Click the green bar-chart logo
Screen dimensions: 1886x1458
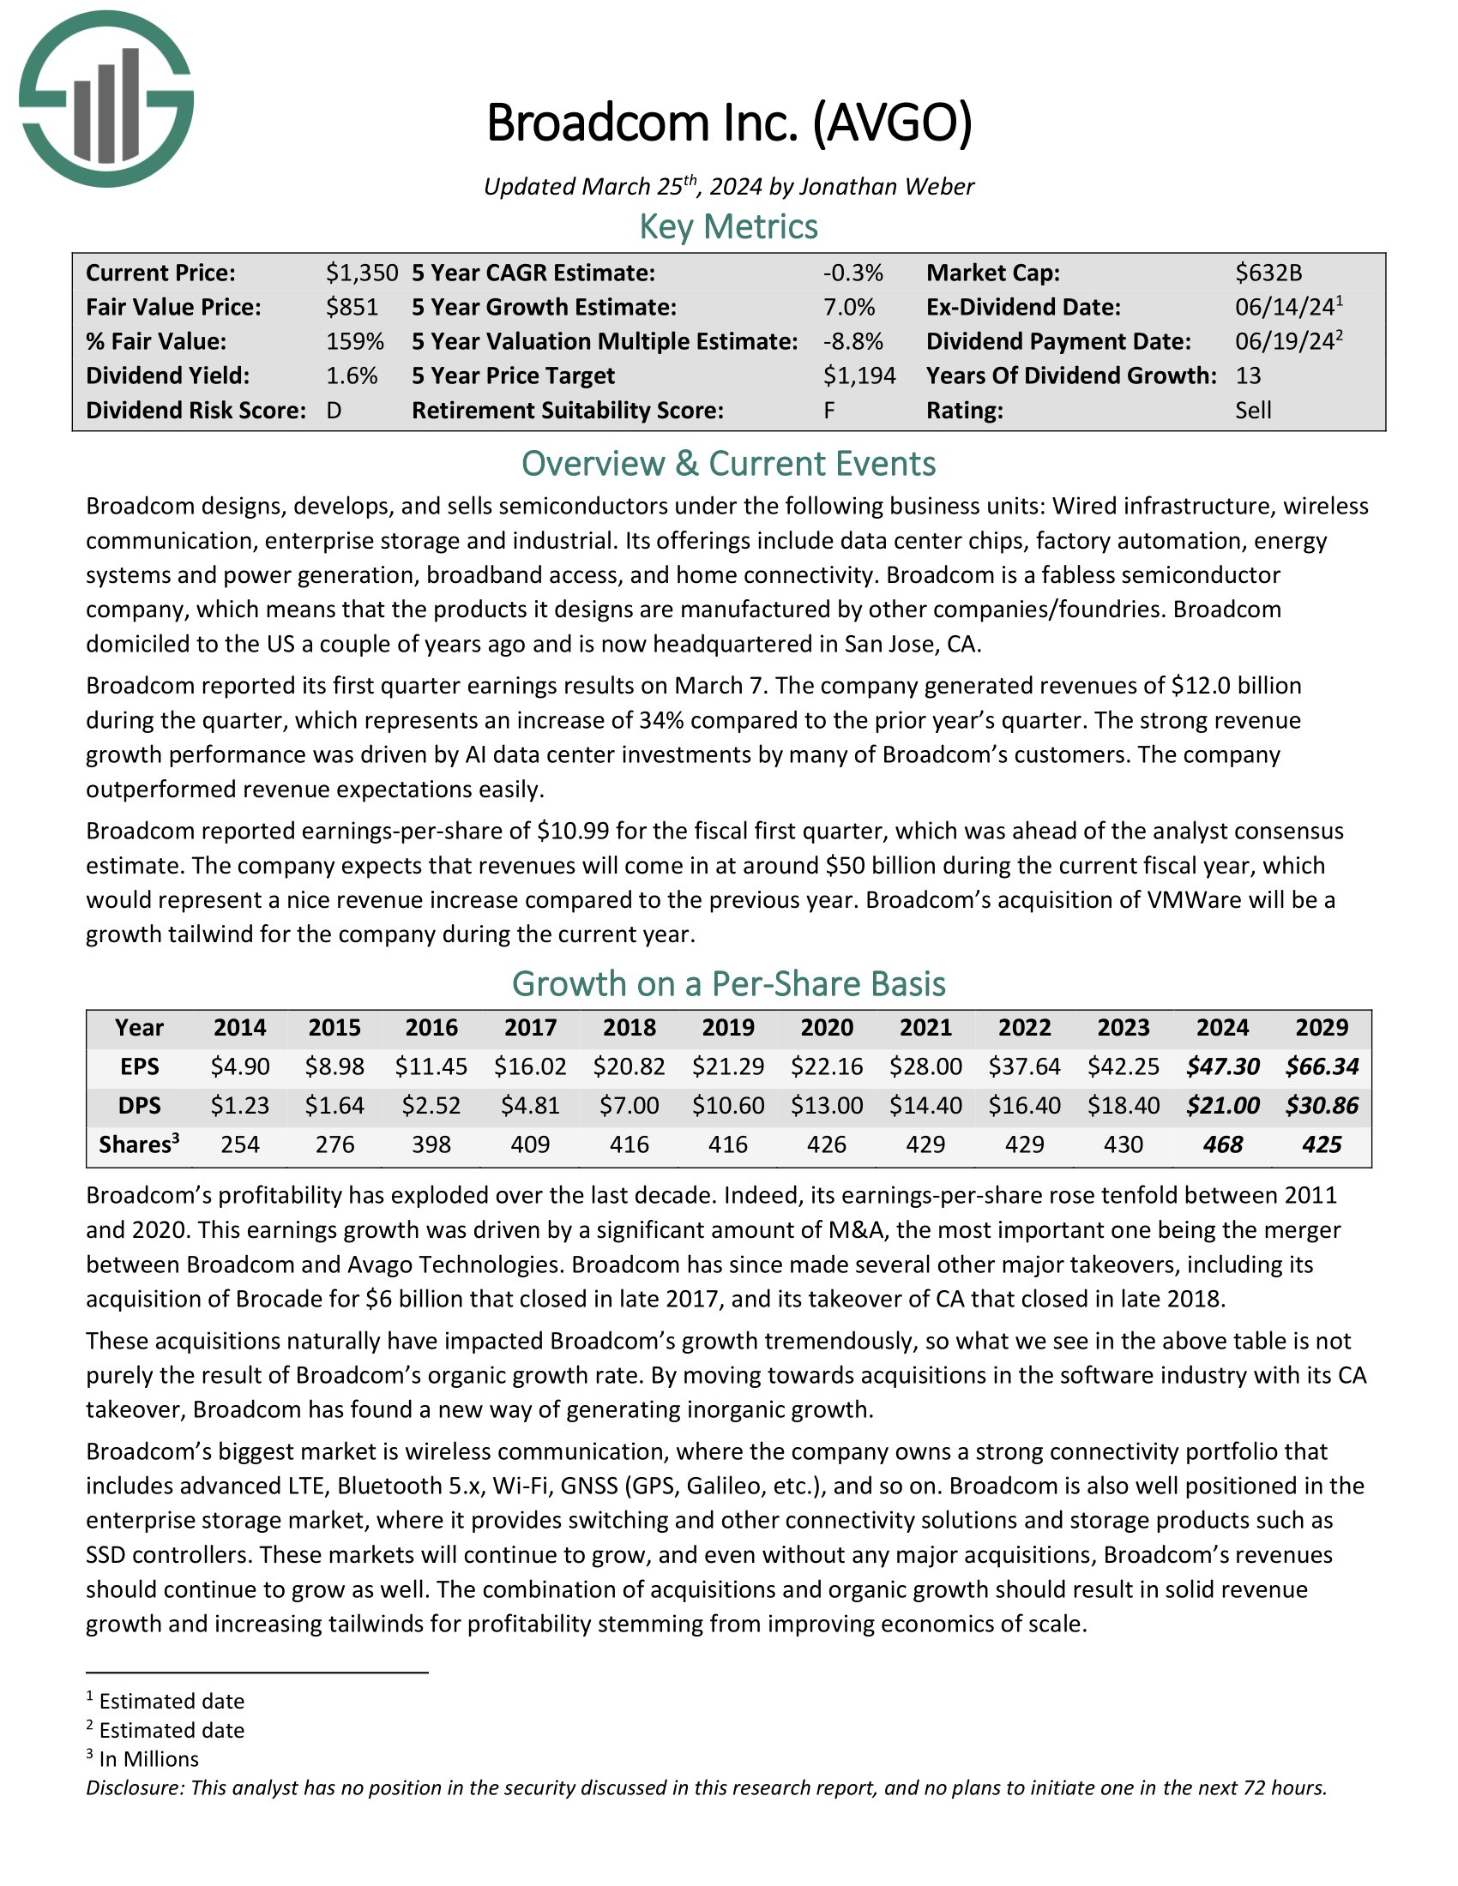click(x=106, y=99)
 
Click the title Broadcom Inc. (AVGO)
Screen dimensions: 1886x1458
click(x=729, y=123)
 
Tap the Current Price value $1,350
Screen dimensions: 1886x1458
click(x=361, y=273)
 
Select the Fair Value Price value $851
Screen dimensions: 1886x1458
click(x=352, y=308)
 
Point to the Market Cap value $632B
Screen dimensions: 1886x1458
click(x=1268, y=273)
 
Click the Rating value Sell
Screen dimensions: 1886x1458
click(x=1252, y=410)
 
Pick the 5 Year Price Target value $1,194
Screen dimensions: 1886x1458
click(x=859, y=375)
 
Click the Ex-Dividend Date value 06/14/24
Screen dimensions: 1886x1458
click(x=1285, y=308)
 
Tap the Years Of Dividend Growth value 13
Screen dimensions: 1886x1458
click(x=1248, y=375)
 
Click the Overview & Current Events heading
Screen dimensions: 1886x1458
click(x=728, y=464)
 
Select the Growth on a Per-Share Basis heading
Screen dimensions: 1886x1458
click(x=728, y=984)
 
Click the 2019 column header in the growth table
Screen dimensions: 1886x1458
click(x=728, y=1028)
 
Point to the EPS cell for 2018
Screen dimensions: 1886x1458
click(x=629, y=1066)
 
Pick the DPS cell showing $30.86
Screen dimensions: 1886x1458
click(x=1322, y=1105)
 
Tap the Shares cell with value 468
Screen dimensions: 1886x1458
click(x=1222, y=1144)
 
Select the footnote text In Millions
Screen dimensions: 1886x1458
click(x=148, y=1759)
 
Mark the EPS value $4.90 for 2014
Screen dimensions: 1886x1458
click(x=240, y=1066)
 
